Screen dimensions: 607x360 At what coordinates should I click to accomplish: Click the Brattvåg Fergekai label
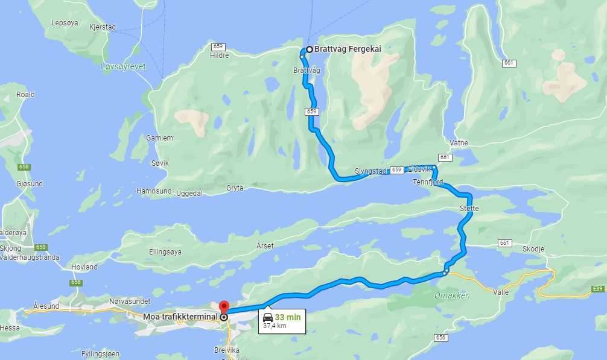tap(348, 49)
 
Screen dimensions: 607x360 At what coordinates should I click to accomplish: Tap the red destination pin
tap(223, 306)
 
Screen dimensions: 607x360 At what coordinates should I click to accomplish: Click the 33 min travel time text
tap(288, 317)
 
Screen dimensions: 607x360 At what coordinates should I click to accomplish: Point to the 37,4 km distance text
tap(275, 326)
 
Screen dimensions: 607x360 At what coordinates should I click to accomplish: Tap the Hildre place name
tap(220, 55)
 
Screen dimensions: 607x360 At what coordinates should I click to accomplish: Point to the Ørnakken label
tap(452, 295)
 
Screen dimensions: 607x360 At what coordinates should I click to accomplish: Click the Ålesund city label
tap(46, 306)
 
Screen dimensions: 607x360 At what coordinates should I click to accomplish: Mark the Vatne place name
tap(459, 143)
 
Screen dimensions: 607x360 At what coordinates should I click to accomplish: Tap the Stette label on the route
tap(469, 209)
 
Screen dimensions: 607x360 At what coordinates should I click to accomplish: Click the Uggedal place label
tap(189, 193)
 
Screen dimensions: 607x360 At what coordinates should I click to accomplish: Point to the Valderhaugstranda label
tap(30, 257)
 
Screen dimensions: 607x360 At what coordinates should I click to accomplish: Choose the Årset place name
tap(265, 245)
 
